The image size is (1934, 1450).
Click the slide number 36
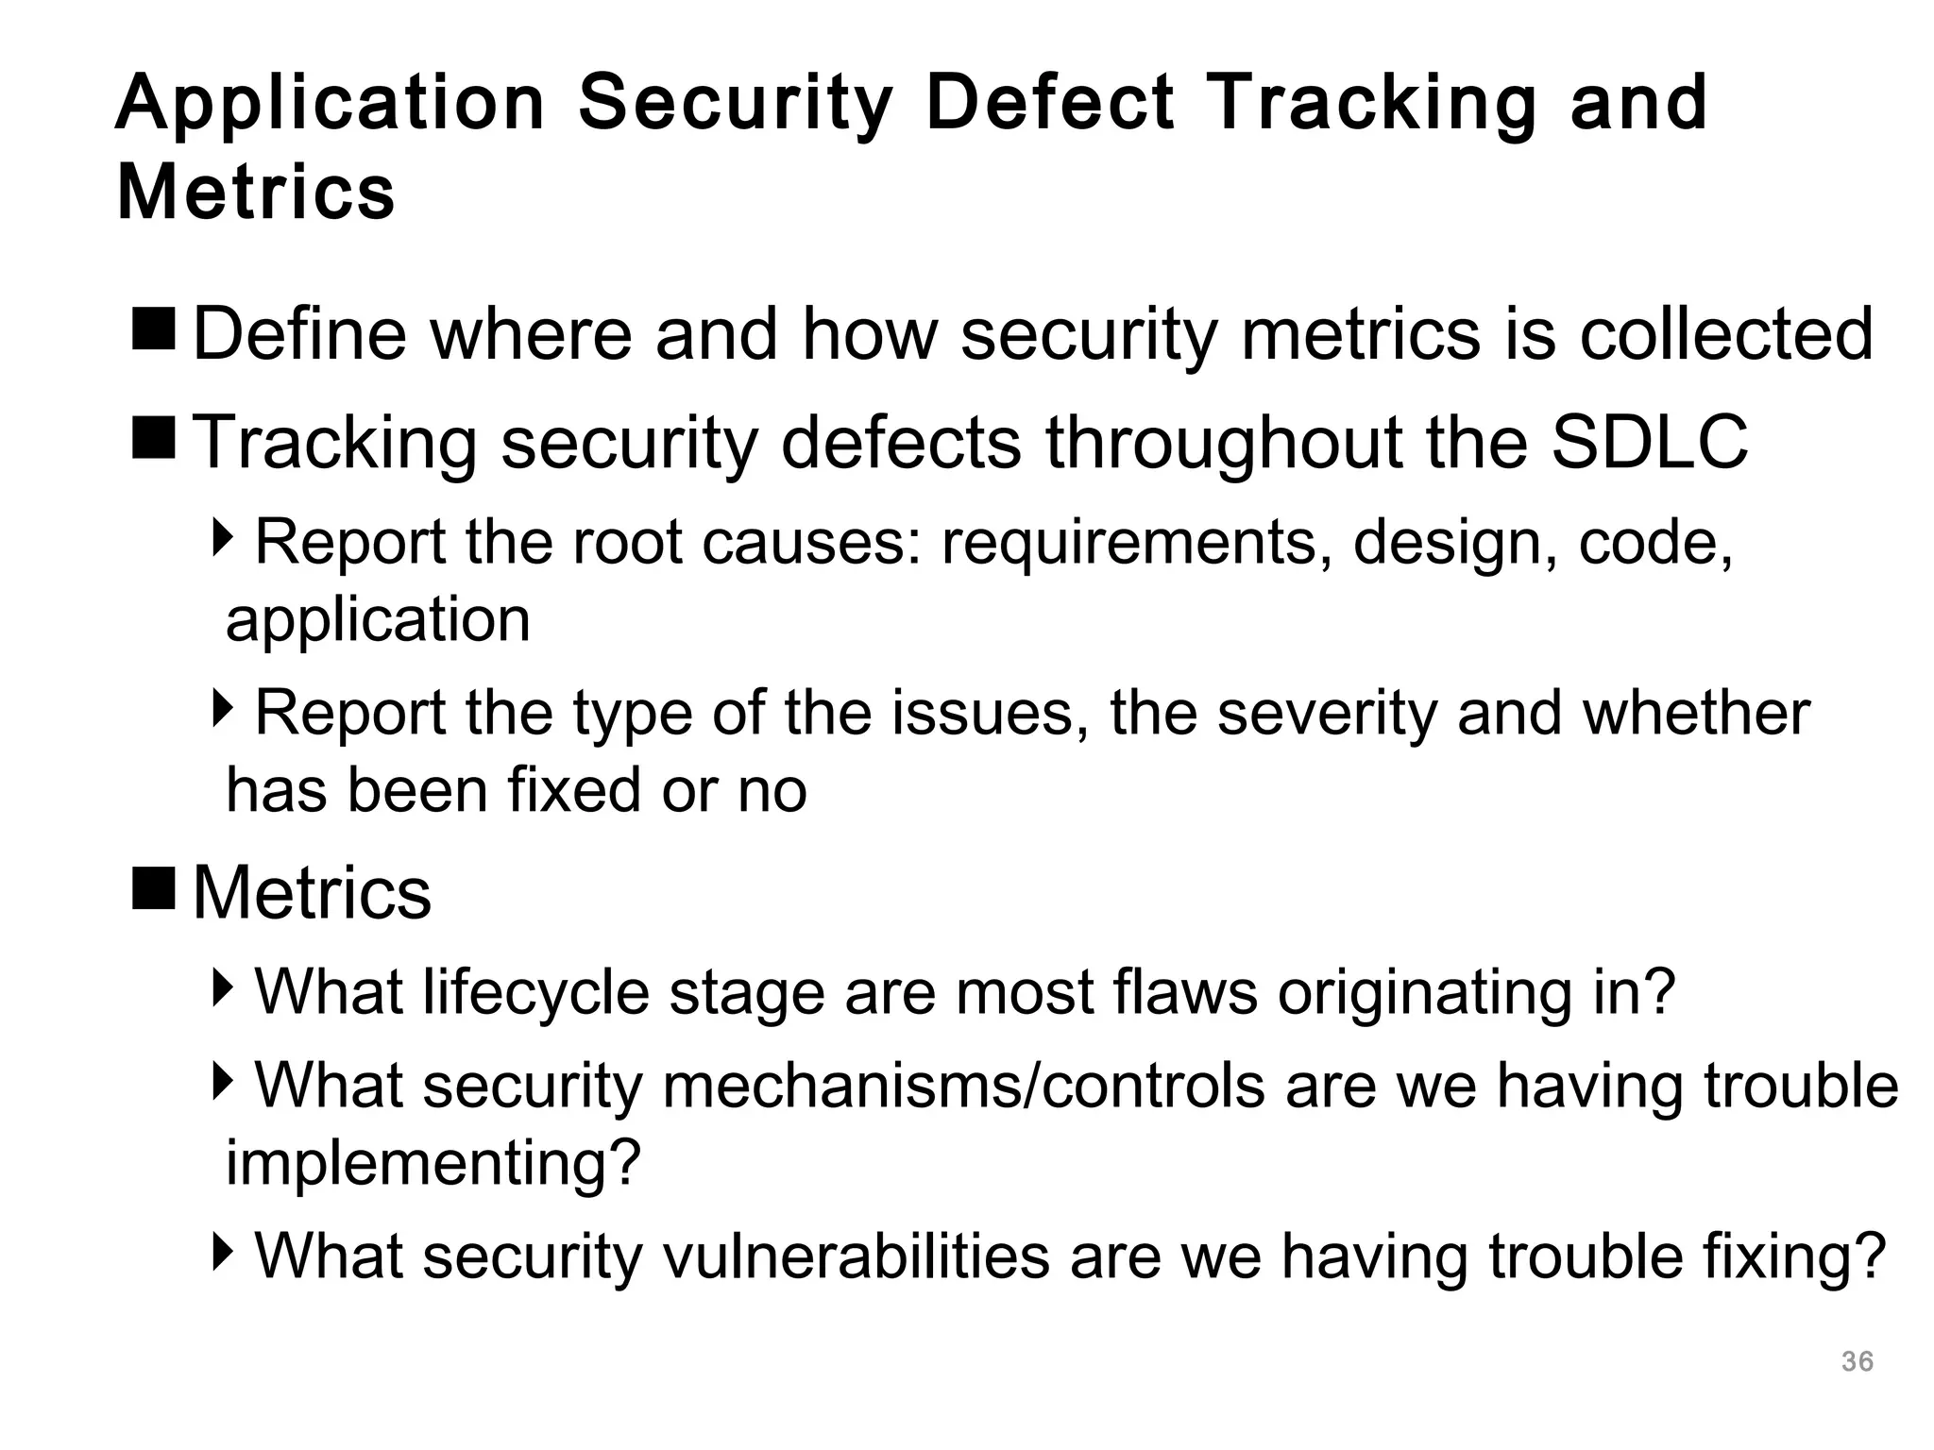1857,1361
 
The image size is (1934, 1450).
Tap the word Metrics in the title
255,193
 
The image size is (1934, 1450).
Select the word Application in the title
331,104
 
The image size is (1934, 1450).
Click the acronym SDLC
1649,442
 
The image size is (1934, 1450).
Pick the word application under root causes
378,620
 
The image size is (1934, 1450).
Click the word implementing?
433,1163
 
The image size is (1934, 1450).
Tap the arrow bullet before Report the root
223,538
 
